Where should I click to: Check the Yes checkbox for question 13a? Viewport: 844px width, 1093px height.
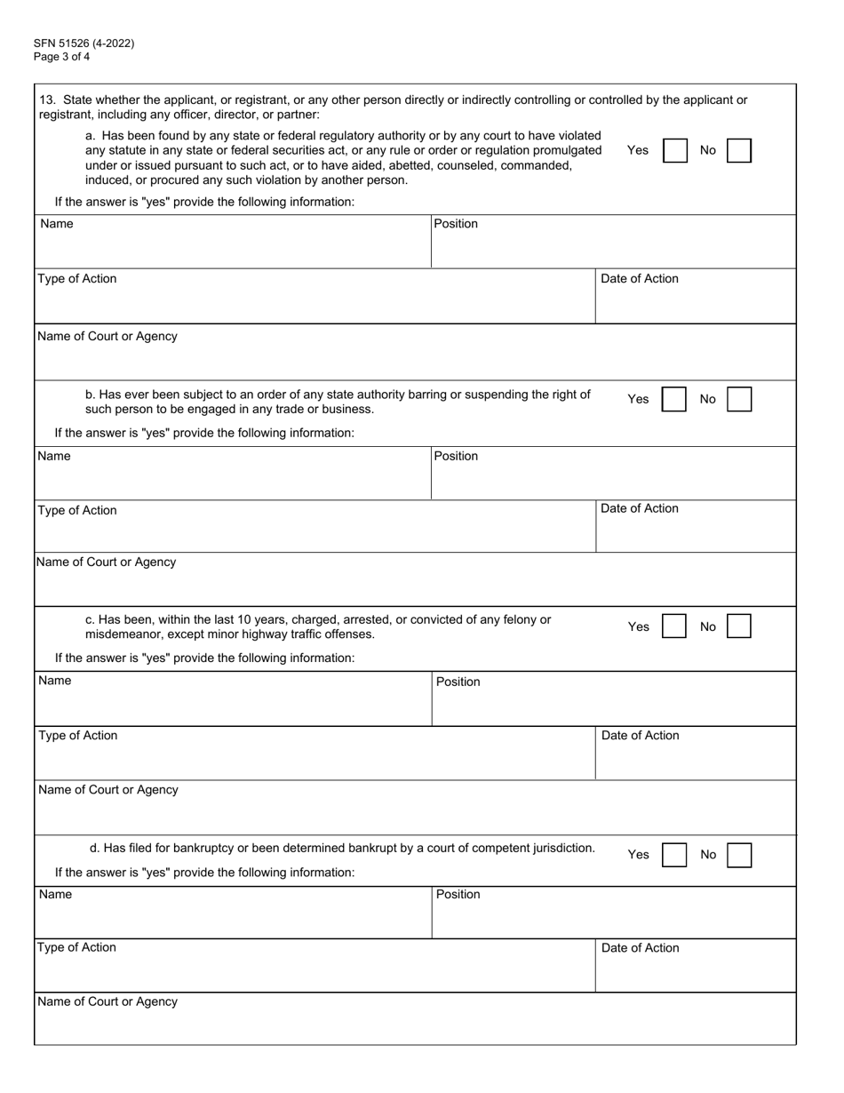coord(675,151)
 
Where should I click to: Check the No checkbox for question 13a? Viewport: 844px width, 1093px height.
coord(739,151)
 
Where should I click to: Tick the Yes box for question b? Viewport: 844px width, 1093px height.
coord(675,400)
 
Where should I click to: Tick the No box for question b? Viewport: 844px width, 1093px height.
coord(739,400)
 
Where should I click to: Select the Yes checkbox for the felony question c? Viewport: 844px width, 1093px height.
coord(675,626)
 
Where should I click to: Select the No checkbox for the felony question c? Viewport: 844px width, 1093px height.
coord(739,626)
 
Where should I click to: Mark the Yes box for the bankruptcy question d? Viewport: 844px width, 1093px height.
coord(675,855)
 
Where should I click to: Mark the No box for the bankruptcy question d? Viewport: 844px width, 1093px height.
coord(739,855)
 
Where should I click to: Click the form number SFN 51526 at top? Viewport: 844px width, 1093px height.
coord(84,43)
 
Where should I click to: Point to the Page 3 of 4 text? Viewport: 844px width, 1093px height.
coord(61,57)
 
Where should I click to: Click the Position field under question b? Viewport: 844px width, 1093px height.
coord(613,480)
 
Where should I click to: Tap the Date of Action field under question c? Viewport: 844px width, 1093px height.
coord(695,760)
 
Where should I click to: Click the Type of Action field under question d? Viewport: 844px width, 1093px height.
coord(315,970)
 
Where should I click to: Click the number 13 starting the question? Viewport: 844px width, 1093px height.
coord(46,100)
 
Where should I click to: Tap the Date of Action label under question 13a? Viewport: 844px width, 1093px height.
coord(640,279)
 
